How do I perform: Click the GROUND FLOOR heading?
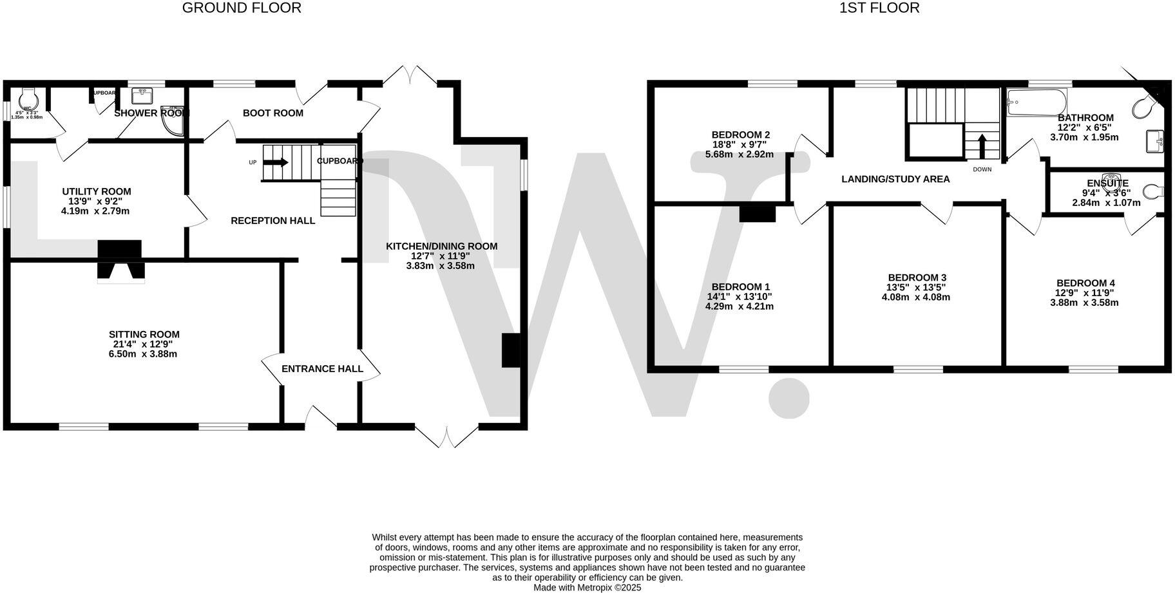coord(242,8)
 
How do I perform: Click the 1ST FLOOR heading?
coord(879,8)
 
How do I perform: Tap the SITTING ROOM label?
coord(144,334)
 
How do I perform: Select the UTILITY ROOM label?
coord(97,191)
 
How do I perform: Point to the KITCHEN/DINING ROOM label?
coord(441,246)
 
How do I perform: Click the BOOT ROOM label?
coord(272,113)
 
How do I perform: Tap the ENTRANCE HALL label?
coord(322,369)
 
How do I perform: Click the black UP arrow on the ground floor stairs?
coord(276,162)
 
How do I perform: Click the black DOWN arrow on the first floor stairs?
coord(982,146)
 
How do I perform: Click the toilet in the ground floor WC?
coord(28,99)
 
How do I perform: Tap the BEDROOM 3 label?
coord(916,278)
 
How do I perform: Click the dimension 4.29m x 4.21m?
coord(739,306)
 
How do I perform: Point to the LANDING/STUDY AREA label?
coord(895,179)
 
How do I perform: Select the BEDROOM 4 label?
coord(1085,283)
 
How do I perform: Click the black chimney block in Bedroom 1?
coord(757,213)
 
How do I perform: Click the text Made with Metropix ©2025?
coord(587,587)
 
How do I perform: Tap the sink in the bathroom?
coord(1154,141)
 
